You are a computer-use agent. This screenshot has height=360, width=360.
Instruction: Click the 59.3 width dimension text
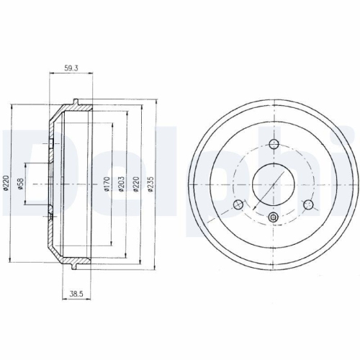pos(71,68)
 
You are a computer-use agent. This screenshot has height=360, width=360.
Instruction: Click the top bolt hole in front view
pos(274,145)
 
